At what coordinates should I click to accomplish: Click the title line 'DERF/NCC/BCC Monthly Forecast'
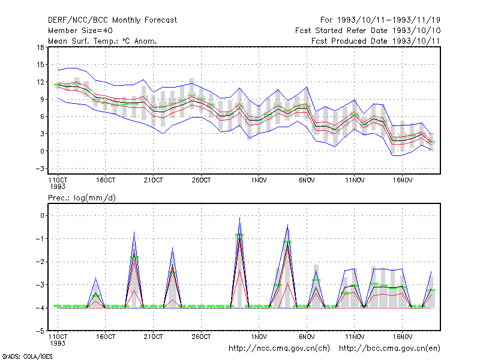(112, 20)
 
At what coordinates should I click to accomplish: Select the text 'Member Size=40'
(80, 31)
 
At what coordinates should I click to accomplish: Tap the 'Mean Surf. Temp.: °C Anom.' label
(102, 41)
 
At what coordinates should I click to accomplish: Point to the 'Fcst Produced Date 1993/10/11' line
(376, 41)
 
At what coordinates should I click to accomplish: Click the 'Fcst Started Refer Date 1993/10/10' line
(368, 31)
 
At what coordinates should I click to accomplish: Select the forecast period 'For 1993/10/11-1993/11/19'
(380, 20)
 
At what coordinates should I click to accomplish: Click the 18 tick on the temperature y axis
(40, 47)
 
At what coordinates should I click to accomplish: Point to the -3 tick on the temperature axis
(40, 169)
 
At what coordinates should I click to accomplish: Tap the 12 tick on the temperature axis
(40, 82)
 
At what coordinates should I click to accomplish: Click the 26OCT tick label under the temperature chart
(201, 180)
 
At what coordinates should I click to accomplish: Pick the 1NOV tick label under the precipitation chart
(259, 337)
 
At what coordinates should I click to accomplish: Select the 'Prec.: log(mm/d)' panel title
(82, 198)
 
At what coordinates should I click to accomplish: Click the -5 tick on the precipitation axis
(40, 331)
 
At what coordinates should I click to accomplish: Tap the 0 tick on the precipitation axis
(42, 216)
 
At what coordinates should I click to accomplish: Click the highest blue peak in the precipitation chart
(239, 217)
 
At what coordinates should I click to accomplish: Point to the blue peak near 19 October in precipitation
(134, 232)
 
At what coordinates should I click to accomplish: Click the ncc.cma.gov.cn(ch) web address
(279, 349)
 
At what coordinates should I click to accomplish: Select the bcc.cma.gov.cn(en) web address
(389, 349)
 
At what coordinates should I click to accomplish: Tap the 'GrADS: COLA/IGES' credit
(27, 356)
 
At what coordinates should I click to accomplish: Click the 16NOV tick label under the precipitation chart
(402, 337)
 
